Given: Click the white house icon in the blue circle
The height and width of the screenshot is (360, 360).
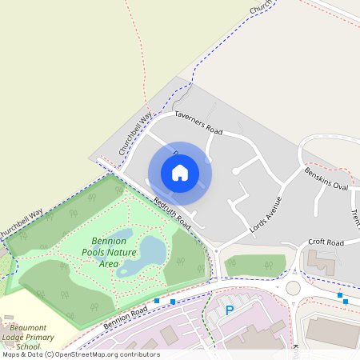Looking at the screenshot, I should tap(180, 173).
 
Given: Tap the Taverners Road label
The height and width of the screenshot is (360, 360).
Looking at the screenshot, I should tap(198, 122).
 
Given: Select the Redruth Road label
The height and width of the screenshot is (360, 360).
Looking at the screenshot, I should tap(172, 210).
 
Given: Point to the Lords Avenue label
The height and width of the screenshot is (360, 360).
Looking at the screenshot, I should tap(266, 214).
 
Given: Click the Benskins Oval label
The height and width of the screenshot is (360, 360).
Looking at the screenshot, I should tap(326, 178).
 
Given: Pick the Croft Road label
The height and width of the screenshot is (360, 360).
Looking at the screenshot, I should tap(326, 242).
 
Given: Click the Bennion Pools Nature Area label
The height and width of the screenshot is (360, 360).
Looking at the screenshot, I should tap(109, 252).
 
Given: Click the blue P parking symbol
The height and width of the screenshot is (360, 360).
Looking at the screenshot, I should tap(230, 310).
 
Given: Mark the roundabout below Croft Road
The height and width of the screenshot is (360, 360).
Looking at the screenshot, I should tap(294, 287).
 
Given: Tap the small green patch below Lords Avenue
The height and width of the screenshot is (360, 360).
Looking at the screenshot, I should tap(254, 265).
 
